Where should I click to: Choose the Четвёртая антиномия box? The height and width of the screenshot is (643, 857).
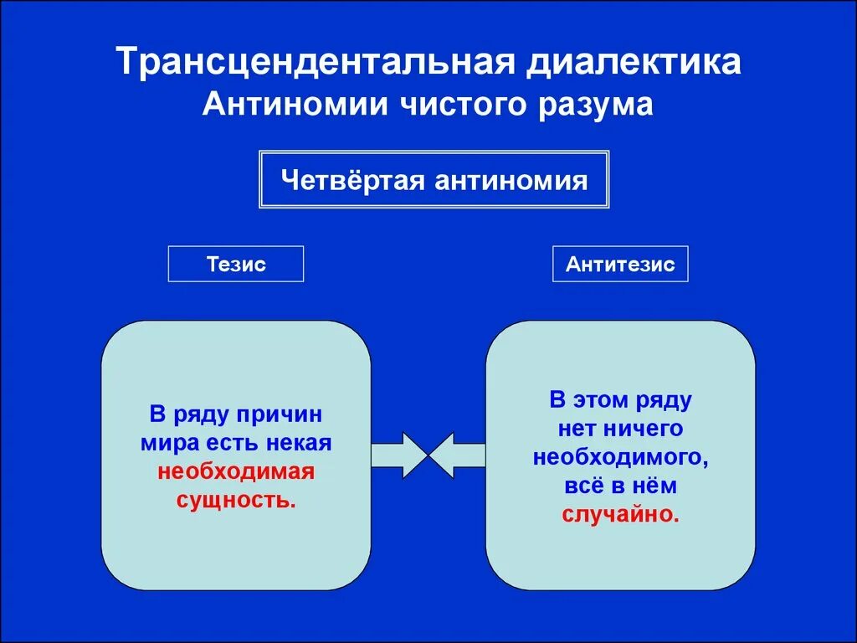click(x=434, y=180)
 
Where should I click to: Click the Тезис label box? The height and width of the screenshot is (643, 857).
click(x=236, y=264)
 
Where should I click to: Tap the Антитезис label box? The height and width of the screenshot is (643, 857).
click(x=620, y=264)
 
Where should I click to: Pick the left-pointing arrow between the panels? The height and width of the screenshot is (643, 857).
click(x=456, y=455)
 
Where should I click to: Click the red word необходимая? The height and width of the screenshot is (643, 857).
click(x=236, y=471)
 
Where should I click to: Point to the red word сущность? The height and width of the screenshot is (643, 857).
click(x=236, y=500)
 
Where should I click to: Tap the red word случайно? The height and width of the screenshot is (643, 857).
click(x=620, y=513)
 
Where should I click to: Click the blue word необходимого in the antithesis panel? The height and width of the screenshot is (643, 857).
click(x=620, y=457)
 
